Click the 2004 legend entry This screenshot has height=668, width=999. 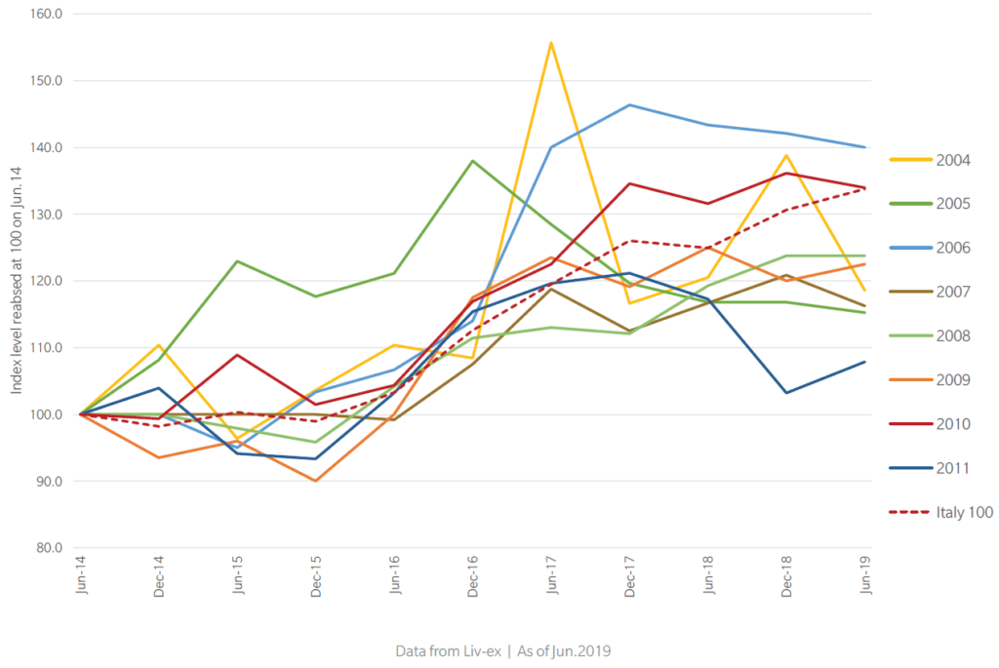point(930,160)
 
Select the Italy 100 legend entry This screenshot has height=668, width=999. point(941,512)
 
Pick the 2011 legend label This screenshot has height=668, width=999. point(953,468)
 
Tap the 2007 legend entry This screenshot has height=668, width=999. point(930,292)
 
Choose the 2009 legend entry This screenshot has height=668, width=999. point(930,380)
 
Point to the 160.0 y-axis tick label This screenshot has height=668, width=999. point(46,14)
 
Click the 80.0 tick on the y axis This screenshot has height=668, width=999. point(49,548)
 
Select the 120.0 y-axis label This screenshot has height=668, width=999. point(46,281)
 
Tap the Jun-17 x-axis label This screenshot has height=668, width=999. point(551,574)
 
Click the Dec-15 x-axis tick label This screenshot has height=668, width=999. point(316,576)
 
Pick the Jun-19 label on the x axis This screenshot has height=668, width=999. point(865,574)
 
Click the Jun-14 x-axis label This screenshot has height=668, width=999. point(81,574)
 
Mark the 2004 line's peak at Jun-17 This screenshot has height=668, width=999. point(550,43)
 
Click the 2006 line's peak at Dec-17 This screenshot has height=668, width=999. point(629,105)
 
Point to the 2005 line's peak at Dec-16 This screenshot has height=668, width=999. point(473,161)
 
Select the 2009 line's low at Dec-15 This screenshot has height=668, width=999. point(315,481)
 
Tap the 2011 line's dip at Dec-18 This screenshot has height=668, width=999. point(787,392)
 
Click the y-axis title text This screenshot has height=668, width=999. point(16,280)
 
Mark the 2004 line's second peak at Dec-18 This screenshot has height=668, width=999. point(787,155)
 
